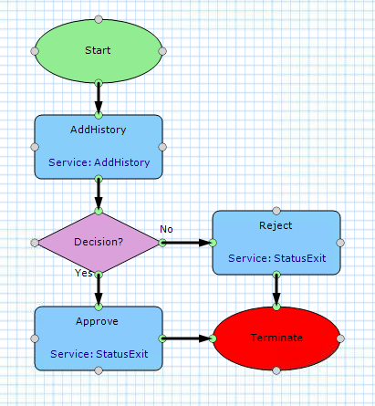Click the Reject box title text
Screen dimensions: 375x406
(x=276, y=225)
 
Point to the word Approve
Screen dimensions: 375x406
(x=97, y=321)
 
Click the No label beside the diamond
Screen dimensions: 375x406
(x=166, y=229)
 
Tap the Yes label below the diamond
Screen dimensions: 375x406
(x=84, y=273)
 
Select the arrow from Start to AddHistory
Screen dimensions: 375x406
(x=99, y=99)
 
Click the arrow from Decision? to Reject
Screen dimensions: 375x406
(x=188, y=243)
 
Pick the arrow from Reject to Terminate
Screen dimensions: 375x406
(x=276, y=290)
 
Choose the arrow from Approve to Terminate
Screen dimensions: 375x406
(x=188, y=338)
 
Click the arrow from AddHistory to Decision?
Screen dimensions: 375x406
(x=99, y=194)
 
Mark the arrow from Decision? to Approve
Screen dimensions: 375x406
(x=99, y=290)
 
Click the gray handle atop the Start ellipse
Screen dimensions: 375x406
(x=99, y=19)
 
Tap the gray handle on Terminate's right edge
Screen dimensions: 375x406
(x=340, y=338)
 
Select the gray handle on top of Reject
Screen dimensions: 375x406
(x=276, y=211)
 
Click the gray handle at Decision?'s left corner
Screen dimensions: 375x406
(x=35, y=243)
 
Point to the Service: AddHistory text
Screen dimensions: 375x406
(x=99, y=162)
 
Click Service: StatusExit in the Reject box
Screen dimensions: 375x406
(x=277, y=258)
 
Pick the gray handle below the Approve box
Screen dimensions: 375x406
(x=99, y=370)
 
